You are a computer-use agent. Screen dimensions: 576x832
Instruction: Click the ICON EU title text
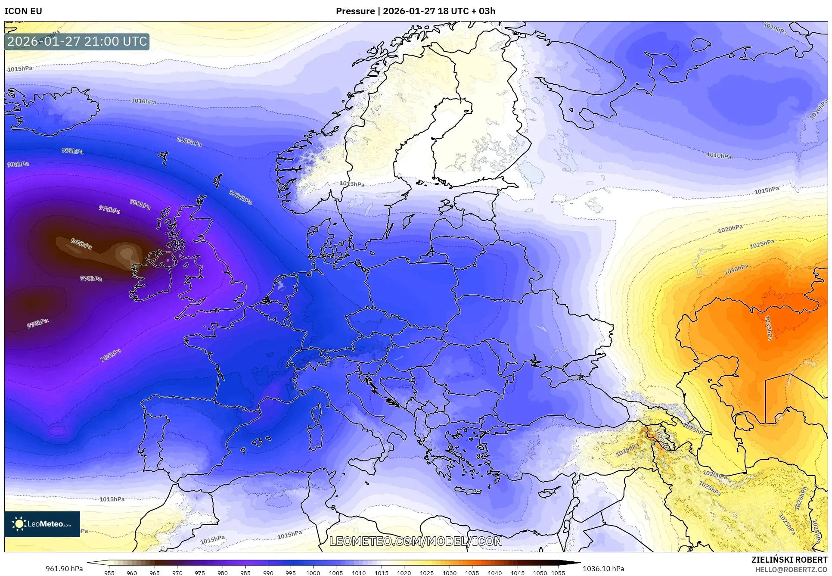coord(23,11)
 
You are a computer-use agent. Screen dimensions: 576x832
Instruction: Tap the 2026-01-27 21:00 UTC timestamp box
coord(77,41)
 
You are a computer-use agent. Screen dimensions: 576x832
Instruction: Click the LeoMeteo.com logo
coord(42,524)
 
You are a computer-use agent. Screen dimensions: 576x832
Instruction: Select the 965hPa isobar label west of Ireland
coord(81,244)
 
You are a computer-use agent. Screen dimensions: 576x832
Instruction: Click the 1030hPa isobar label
coord(736,270)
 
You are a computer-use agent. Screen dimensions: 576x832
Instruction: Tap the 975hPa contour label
coord(109,210)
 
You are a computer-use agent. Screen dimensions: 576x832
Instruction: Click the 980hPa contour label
coord(140,204)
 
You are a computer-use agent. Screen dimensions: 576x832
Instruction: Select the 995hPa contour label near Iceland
coord(72,151)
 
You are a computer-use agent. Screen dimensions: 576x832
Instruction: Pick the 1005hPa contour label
coord(189,141)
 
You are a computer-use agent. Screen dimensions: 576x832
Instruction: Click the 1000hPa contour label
coord(240,197)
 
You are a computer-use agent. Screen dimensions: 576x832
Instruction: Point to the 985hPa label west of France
coord(111,355)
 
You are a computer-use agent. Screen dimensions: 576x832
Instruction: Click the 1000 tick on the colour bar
coord(313,573)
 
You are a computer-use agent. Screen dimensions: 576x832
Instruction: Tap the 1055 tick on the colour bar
coord(558,573)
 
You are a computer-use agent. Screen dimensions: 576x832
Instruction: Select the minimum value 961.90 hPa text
coord(64,569)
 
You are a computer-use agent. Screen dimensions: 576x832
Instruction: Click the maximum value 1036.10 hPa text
coord(603,569)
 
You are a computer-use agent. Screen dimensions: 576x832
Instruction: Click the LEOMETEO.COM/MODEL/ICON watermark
coord(416,541)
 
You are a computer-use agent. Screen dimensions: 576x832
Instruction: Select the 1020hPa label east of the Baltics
coord(730,229)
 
